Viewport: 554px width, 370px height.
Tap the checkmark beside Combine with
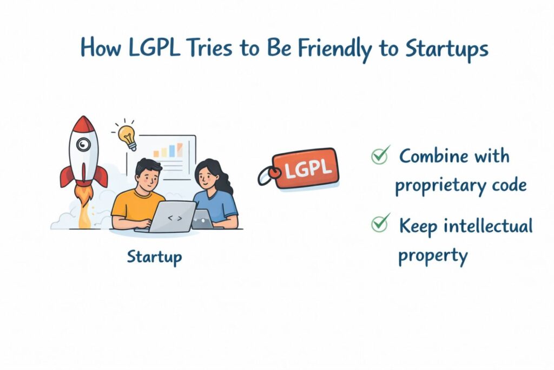(380, 156)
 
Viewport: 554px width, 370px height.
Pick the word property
(433, 254)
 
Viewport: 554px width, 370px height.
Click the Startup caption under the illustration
(154, 256)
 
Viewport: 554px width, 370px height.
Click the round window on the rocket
(83, 144)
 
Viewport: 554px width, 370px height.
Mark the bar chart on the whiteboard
(169, 150)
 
